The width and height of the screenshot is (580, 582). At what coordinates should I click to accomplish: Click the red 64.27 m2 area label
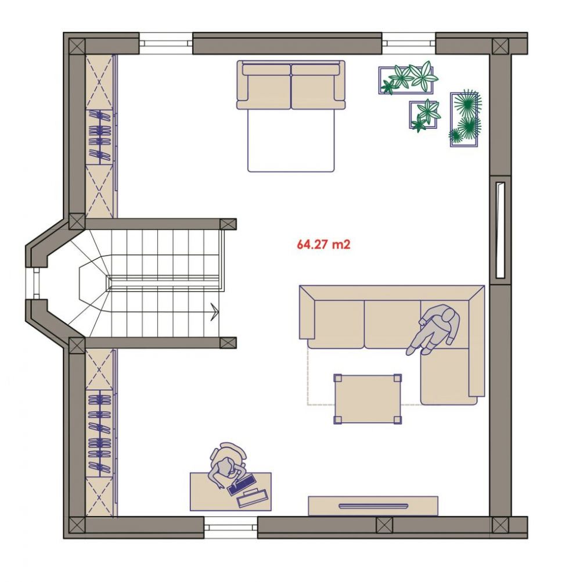[x=323, y=245]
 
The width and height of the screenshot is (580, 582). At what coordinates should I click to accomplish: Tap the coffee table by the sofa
[x=368, y=399]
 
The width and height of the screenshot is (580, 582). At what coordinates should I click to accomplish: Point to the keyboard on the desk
[x=242, y=485]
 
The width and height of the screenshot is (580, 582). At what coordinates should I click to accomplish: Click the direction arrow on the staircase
[x=214, y=311]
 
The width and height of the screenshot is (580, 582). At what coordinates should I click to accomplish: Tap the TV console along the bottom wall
[x=373, y=506]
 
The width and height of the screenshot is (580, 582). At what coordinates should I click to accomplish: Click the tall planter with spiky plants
[x=465, y=119]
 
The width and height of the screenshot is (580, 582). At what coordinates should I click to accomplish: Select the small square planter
[x=424, y=114]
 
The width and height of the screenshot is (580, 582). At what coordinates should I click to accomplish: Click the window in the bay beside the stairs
[x=35, y=283]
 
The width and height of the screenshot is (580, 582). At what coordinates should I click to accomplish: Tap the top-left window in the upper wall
[x=166, y=44]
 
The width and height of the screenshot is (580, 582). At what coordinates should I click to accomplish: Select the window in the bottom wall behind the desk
[x=231, y=527]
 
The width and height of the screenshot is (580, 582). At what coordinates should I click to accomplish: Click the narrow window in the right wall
[x=500, y=230]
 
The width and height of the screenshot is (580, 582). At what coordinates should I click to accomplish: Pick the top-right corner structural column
[x=500, y=46]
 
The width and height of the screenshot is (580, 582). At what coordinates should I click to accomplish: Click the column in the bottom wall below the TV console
[x=384, y=525]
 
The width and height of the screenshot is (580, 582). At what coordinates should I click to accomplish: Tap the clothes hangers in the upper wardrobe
[x=99, y=137]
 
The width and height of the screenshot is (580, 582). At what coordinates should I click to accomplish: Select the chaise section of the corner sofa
[x=449, y=376]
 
